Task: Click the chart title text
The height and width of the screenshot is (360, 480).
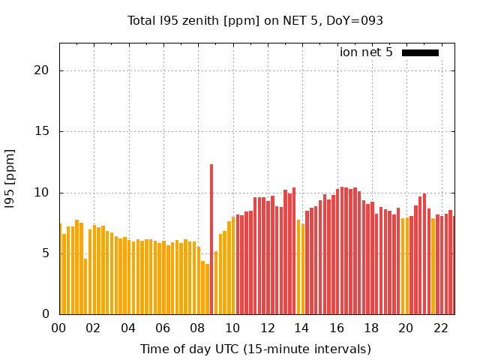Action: pos(255,20)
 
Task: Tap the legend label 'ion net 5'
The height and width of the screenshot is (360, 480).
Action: pos(366,52)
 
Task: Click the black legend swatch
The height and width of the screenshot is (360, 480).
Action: pos(420,52)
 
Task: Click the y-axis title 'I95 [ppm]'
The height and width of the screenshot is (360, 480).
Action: pos(10,178)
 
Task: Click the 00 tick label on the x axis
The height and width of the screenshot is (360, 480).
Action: pos(59,328)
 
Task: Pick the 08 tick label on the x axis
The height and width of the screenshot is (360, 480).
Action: pos(198,328)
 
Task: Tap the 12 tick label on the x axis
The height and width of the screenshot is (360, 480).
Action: pos(267,328)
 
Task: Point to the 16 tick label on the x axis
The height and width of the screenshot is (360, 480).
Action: pos(337,328)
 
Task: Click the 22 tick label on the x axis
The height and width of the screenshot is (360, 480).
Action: pos(440,328)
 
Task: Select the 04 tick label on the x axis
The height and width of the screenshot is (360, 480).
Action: pos(128,328)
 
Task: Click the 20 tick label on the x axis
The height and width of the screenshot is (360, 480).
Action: pos(406,328)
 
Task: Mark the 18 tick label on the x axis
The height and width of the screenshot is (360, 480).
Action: pos(371,328)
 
